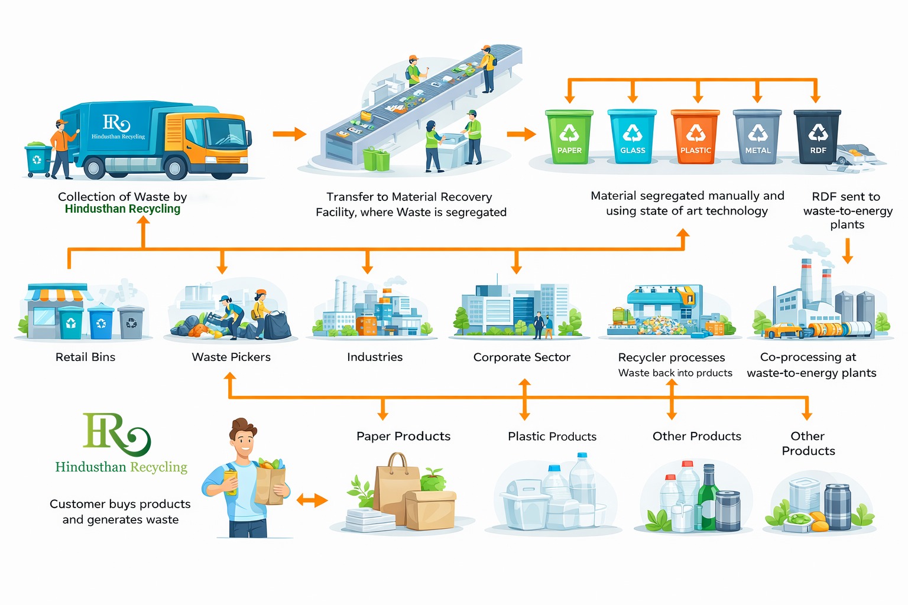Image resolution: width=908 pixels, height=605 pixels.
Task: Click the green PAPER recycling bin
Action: (x=569, y=136)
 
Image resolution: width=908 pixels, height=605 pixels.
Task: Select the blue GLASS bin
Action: (x=632, y=136)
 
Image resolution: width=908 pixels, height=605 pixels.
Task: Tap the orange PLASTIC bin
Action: (x=695, y=136)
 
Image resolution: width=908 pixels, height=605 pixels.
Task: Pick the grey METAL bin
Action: (x=757, y=136)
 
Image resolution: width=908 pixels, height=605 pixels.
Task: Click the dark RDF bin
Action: (x=818, y=136)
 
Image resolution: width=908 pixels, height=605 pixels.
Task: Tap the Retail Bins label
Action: (x=85, y=357)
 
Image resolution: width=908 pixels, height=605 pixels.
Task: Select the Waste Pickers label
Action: (x=231, y=357)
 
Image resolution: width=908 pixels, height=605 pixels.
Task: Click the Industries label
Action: (x=375, y=357)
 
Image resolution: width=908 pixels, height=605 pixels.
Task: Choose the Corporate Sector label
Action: (x=521, y=357)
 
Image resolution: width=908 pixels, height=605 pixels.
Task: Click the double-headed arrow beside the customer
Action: (x=312, y=500)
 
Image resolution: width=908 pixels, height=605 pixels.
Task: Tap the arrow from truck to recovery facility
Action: (x=289, y=134)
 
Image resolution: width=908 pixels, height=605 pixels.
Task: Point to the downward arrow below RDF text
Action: (x=847, y=251)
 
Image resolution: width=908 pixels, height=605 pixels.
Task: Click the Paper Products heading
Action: (x=403, y=436)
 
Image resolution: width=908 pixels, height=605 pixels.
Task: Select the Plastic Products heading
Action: (x=552, y=436)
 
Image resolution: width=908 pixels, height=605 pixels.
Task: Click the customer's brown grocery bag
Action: (x=271, y=483)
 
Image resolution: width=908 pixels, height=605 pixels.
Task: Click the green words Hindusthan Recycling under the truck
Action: (x=122, y=209)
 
